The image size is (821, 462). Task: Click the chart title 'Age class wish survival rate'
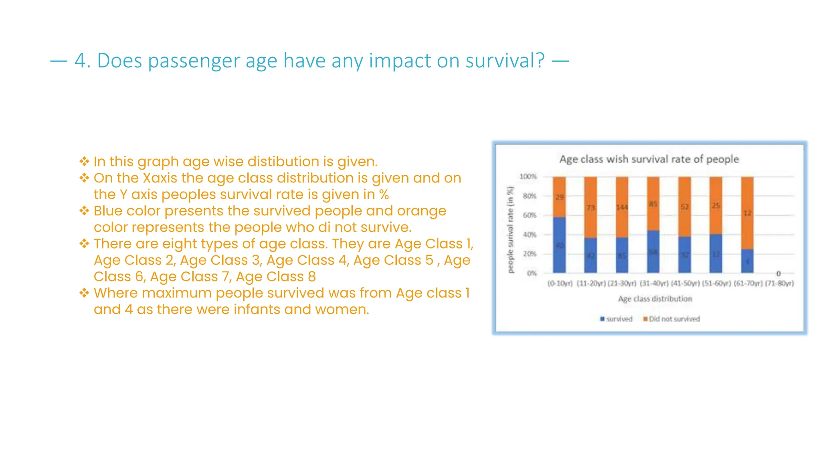tap(649, 159)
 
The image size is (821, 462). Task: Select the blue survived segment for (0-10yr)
tap(559, 245)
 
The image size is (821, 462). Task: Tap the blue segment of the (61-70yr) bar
tap(747, 261)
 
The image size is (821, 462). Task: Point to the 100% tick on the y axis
tap(528, 176)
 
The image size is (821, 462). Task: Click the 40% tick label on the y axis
tap(529, 235)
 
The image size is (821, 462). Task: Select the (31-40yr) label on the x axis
tap(653, 284)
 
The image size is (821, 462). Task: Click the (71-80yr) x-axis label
tap(779, 284)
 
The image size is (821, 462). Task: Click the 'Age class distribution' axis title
tap(655, 299)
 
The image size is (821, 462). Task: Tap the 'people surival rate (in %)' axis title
tap(510, 230)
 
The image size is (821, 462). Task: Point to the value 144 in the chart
tap(622, 207)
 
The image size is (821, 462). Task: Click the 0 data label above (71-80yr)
tap(779, 274)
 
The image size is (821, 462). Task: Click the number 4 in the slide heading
tap(80, 61)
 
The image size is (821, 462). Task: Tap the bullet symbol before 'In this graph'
tap(84, 162)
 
